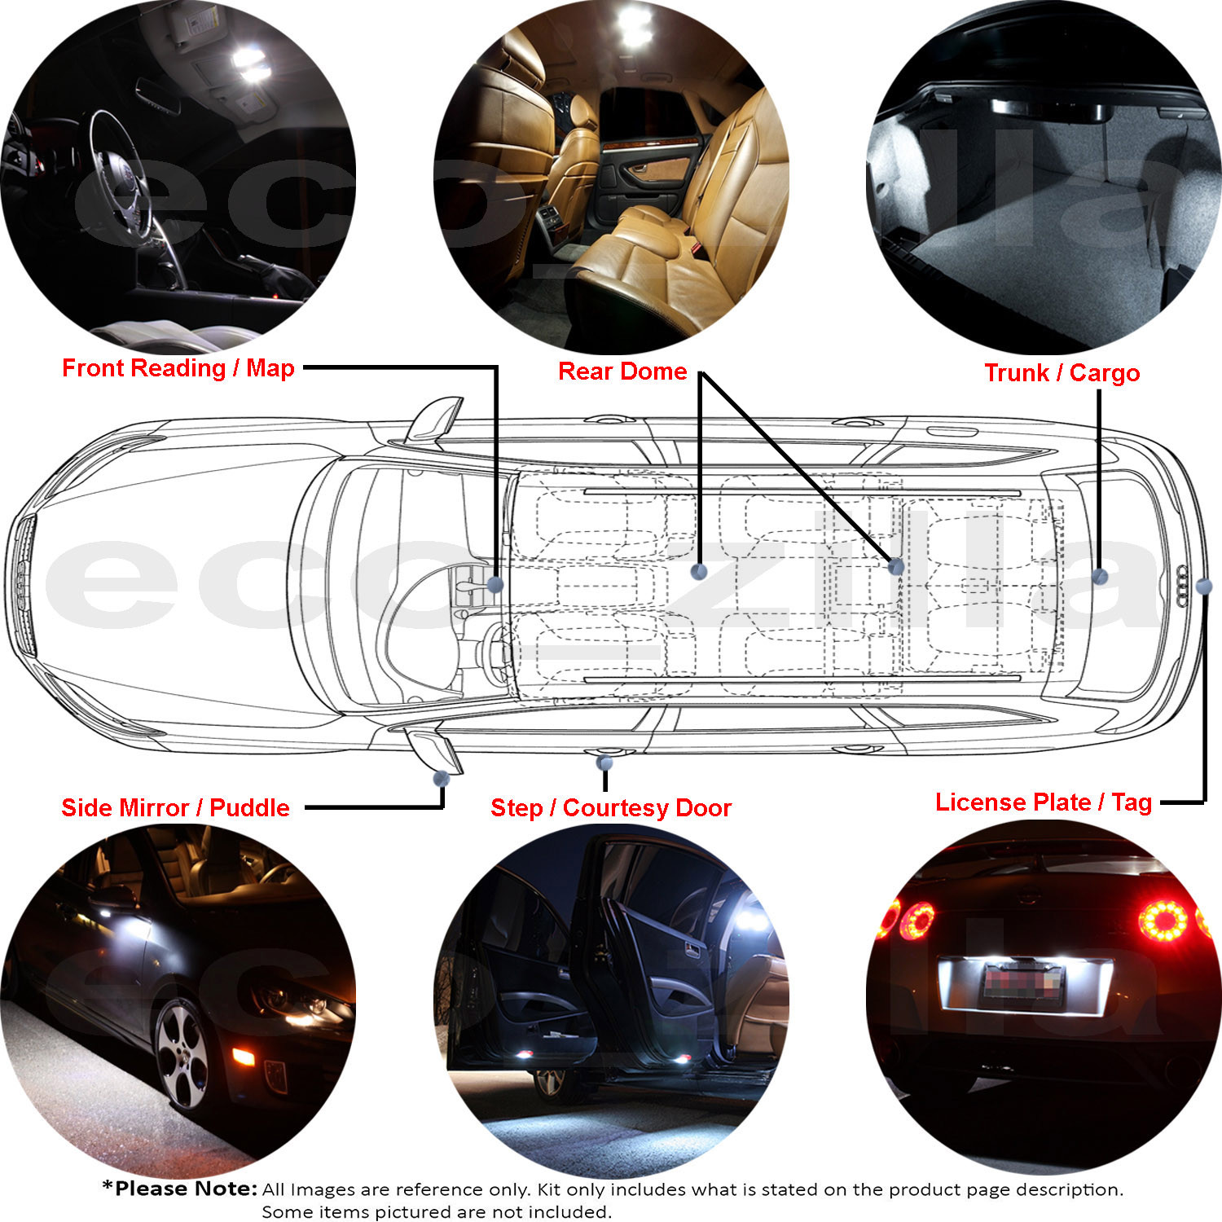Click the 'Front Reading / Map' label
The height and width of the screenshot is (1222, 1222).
point(178,368)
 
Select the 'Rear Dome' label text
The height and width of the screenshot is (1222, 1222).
point(622,371)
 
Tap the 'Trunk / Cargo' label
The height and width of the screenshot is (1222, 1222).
point(1062,373)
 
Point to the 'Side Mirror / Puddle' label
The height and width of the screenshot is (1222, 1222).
point(175,807)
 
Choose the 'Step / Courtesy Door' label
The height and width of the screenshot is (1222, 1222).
point(611,808)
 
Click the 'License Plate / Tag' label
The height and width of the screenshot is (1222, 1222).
point(1044,802)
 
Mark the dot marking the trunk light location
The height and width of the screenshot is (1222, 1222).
point(1100,576)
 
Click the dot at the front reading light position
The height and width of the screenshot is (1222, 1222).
point(495,584)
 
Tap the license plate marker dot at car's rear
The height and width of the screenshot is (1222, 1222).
point(1204,586)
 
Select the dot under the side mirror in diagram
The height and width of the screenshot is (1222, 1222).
point(441,778)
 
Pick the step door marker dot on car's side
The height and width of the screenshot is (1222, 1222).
point(604,763)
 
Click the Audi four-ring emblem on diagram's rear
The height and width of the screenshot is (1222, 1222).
point(1184,586)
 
